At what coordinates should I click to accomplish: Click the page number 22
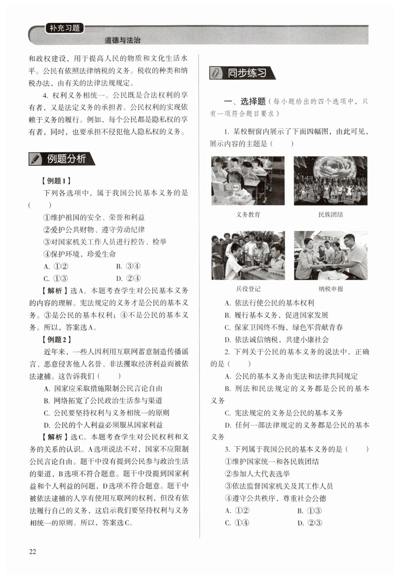point(33,552)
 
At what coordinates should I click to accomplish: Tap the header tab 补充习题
point(65,28)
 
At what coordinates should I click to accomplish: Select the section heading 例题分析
point(66,159)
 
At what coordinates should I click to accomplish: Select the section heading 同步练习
point(247,73)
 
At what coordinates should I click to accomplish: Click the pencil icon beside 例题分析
point(36,159)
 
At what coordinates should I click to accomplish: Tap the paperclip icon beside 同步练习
point(216,73)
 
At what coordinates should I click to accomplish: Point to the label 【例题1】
point(56,181)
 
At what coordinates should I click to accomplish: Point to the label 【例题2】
point(56,339)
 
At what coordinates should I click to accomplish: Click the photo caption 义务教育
point(248,215)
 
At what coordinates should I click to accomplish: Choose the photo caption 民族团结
point(330,215)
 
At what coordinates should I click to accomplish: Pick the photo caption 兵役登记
point(248,289)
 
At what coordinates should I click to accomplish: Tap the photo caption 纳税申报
point(330,289)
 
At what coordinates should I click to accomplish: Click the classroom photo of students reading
point(248,181)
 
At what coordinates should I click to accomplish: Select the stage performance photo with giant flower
point(330,181)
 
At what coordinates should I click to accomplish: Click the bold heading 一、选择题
point(245,102)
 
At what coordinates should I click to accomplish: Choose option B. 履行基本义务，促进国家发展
point(277,315)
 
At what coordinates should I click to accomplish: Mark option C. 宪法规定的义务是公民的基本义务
point(284,413)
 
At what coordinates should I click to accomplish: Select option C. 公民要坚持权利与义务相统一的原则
point(107,413)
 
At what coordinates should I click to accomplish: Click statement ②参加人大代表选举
point(257,474)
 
